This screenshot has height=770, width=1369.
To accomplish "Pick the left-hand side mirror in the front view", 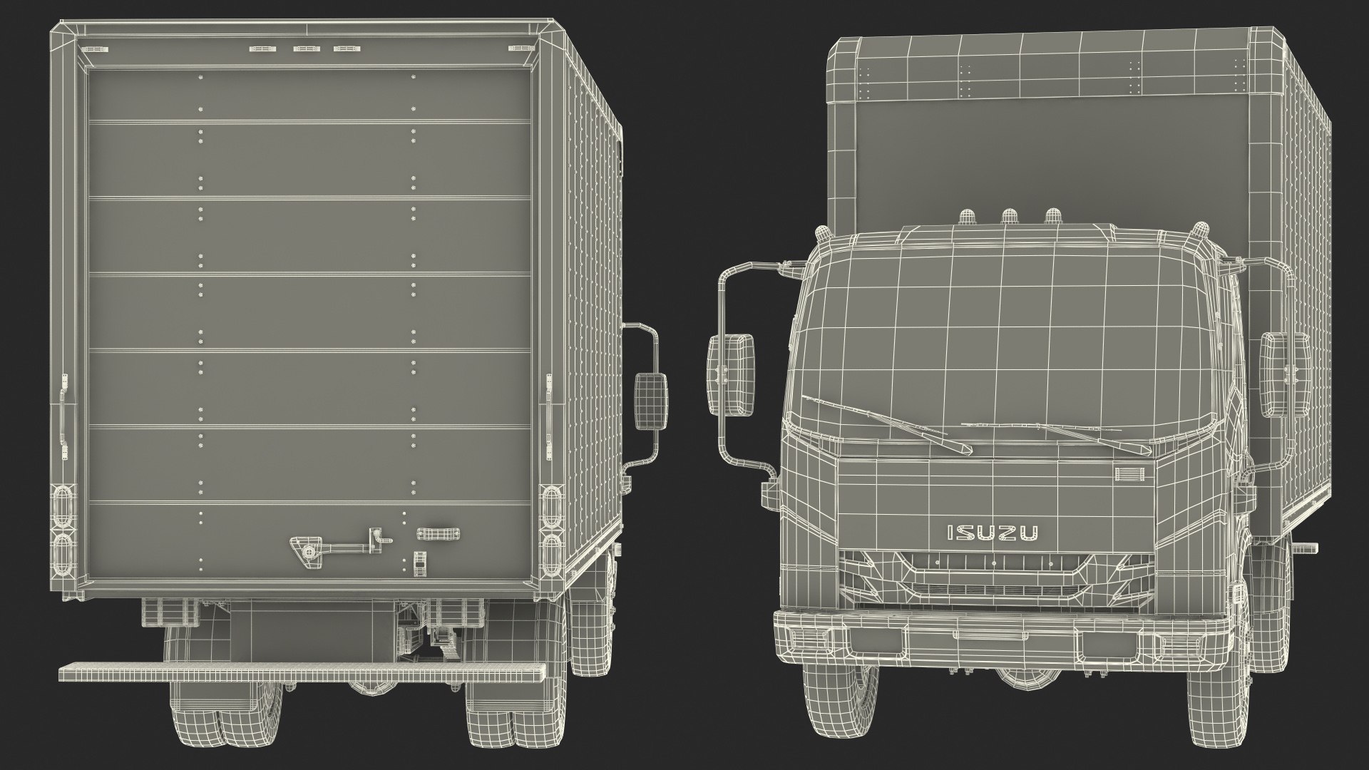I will [731, 375].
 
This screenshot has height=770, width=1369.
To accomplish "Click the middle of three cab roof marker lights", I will [1009, 217].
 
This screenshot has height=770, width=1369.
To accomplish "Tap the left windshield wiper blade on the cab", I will [887, 423].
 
